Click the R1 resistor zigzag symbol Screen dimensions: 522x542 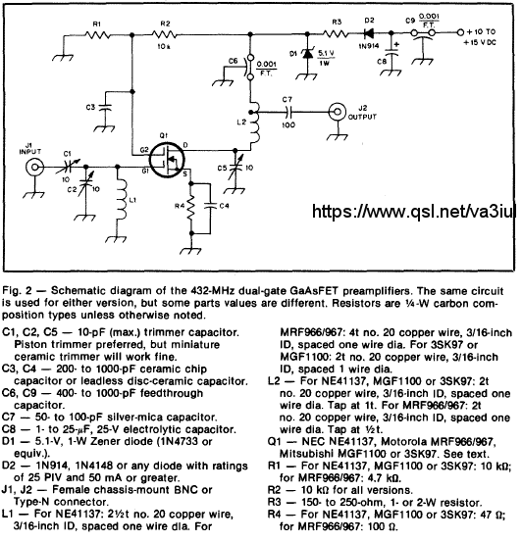[x=98, y=35]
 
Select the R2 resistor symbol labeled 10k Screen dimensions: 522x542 [x=165, y=34]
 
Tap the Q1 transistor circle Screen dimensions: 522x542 [x=167, y=160]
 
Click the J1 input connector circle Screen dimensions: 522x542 [x=34, y=168]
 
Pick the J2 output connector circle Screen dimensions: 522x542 [x=338, y=112]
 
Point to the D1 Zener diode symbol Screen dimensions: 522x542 [x=307, y=54]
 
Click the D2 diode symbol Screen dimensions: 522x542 [x=368, y=33]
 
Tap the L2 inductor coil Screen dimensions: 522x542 [x=254, y=122]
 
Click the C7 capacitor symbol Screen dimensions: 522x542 [x=288, y=112]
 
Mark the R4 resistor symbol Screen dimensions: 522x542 [x=191, y=208]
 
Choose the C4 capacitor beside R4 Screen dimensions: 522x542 [x=210, y=207]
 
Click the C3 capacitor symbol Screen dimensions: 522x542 [x=106, y=108]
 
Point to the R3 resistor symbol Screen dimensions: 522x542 [x=335, y=33]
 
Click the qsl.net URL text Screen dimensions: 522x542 [x=414, y=211]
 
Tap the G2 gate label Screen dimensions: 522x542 [x=144, y=150]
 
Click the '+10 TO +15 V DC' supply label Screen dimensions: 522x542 [x=482, y=37]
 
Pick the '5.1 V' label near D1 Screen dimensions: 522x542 [x=326, y=53]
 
